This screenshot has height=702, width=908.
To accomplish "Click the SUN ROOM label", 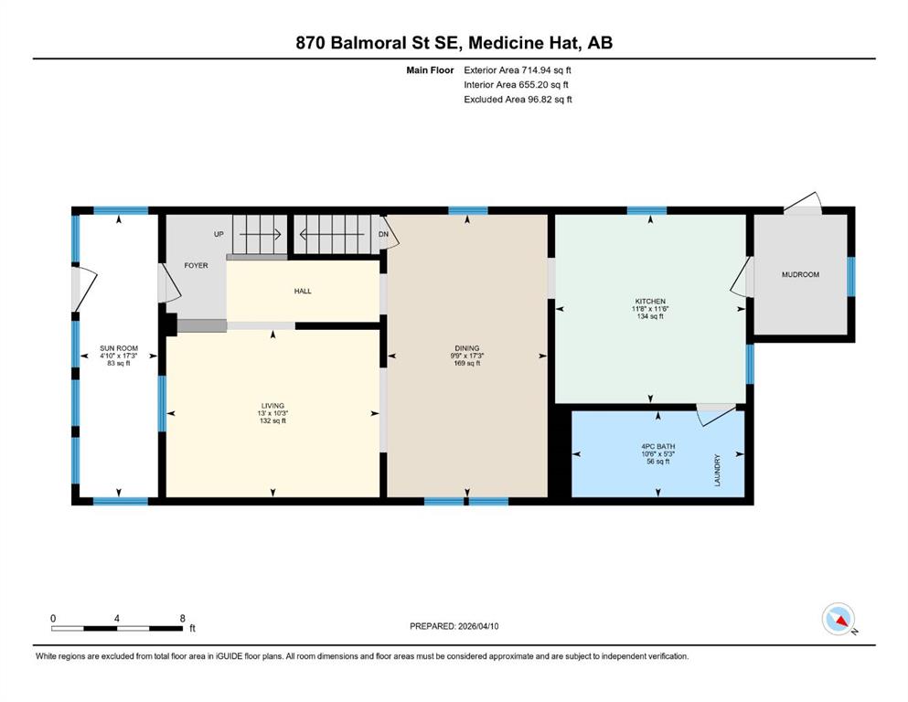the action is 119,348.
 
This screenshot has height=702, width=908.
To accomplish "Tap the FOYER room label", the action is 196,266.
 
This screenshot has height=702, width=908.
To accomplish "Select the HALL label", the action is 303,291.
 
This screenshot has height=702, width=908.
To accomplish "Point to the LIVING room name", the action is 272,406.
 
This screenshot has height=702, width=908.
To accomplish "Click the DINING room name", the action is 466,348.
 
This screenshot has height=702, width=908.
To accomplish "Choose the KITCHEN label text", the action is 650,302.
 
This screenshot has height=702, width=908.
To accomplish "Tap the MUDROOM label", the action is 800,275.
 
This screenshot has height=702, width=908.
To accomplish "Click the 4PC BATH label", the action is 658,447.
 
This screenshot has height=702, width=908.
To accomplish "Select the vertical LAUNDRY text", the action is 718,471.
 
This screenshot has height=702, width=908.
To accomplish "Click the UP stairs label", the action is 219,234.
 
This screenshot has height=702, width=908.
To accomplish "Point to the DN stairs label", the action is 383,234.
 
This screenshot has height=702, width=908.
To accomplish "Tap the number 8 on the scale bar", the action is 182,618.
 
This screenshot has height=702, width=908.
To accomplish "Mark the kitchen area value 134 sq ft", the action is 650,316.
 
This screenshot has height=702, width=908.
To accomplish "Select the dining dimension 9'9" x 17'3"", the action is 466,356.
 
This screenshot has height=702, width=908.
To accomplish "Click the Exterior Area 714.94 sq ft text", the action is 518,70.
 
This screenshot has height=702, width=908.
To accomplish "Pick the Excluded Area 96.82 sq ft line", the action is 518,99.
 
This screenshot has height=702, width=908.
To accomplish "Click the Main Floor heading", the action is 430,70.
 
